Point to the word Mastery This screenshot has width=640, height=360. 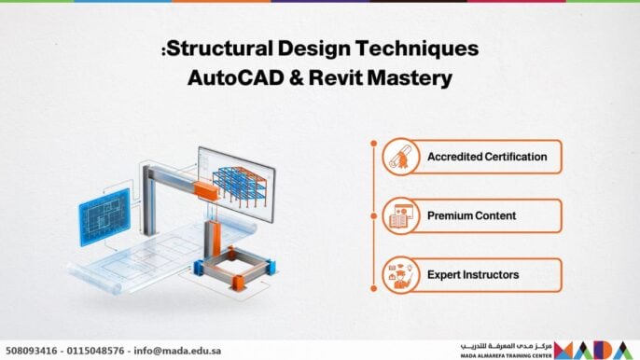tap(410, 79)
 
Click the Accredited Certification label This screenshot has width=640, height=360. tap(486, 157)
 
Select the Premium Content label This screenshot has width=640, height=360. tap(471, 215)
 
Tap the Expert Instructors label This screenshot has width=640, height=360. tap(473, 274)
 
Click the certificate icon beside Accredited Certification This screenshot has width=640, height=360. tap(397, 157)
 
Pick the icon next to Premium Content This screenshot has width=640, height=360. tap(397, 215)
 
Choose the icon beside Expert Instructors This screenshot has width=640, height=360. tap(397, 274)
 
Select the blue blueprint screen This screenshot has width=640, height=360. tap(104, 217)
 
